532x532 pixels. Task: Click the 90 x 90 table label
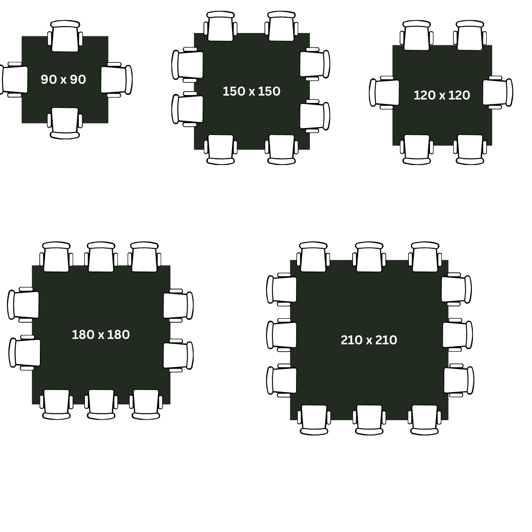pyautogui.click(x=64, y=79)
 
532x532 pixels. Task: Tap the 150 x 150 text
pyautogui.click(x=251, y=91)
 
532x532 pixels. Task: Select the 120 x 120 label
pyautogui.click(x=442, y=96)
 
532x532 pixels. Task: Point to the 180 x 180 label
pyautogui.click(x=101, y=334)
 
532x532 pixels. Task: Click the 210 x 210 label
pyautogui.click(x=369, y=340)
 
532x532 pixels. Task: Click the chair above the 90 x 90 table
pyautogui.click(x=65, y=36)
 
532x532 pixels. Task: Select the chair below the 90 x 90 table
pyautogui.click(x=65, y=123)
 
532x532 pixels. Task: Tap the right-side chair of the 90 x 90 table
pyautogui.click(x=116, y=80)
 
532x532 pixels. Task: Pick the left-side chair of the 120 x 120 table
pyautogui.click(x=384, y=93)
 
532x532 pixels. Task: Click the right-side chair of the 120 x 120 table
pyautogui.click(x=498, y=92)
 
